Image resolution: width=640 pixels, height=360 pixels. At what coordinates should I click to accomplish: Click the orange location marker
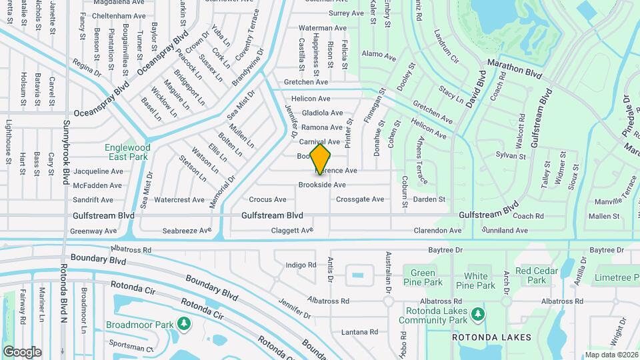[x=321, y=159]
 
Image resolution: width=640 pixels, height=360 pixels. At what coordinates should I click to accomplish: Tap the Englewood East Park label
[x=126, y=152]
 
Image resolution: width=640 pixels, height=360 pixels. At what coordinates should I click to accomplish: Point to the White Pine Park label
[x=476, y=281]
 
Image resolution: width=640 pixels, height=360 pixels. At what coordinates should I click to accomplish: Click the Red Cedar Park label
[x=537, y=275]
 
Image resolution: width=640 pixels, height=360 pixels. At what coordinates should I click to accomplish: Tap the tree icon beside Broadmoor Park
[x=184, y=324]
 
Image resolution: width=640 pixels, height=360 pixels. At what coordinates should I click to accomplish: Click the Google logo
[x=22, y=351]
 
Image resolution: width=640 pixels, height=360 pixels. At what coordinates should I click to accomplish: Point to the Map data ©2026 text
[x=611, y=355]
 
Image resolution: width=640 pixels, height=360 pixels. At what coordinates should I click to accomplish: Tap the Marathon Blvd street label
[x=515, y=69]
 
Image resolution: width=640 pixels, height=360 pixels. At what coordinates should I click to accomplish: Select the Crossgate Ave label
[x=360, y=199]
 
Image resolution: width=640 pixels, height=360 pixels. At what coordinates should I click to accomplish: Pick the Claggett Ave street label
[x=292, y=230]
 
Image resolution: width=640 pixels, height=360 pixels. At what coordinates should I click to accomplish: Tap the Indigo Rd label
[x=301, y=265]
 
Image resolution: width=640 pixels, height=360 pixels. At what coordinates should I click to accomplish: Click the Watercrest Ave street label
[x=179, y=199]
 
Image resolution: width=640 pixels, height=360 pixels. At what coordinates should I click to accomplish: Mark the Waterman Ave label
[x=323, y=28]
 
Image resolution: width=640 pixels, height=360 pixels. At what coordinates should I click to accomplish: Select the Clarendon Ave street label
[x=437, y=231]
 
